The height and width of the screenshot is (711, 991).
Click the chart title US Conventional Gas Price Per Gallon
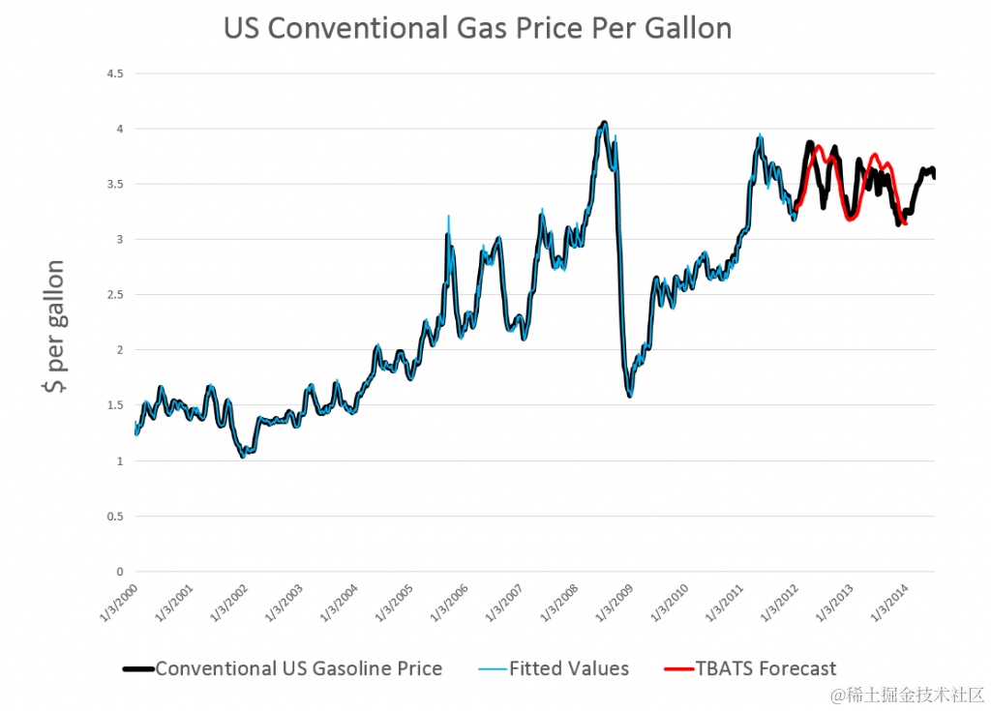477,29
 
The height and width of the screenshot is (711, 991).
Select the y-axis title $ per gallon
53,328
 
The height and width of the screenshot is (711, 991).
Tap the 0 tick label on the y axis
119,571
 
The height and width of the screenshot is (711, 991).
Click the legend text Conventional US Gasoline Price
298,668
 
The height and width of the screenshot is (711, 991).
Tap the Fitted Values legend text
568,668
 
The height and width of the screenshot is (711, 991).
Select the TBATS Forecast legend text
766,668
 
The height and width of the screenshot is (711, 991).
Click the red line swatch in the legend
678,669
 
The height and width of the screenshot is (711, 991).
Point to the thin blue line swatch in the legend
492,669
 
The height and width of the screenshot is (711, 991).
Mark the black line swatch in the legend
138,669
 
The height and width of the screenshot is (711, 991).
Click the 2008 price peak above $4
604,123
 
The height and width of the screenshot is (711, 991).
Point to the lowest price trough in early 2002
242,456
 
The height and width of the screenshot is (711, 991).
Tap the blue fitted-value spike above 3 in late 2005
449,216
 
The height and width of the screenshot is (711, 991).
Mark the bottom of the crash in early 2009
630,396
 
